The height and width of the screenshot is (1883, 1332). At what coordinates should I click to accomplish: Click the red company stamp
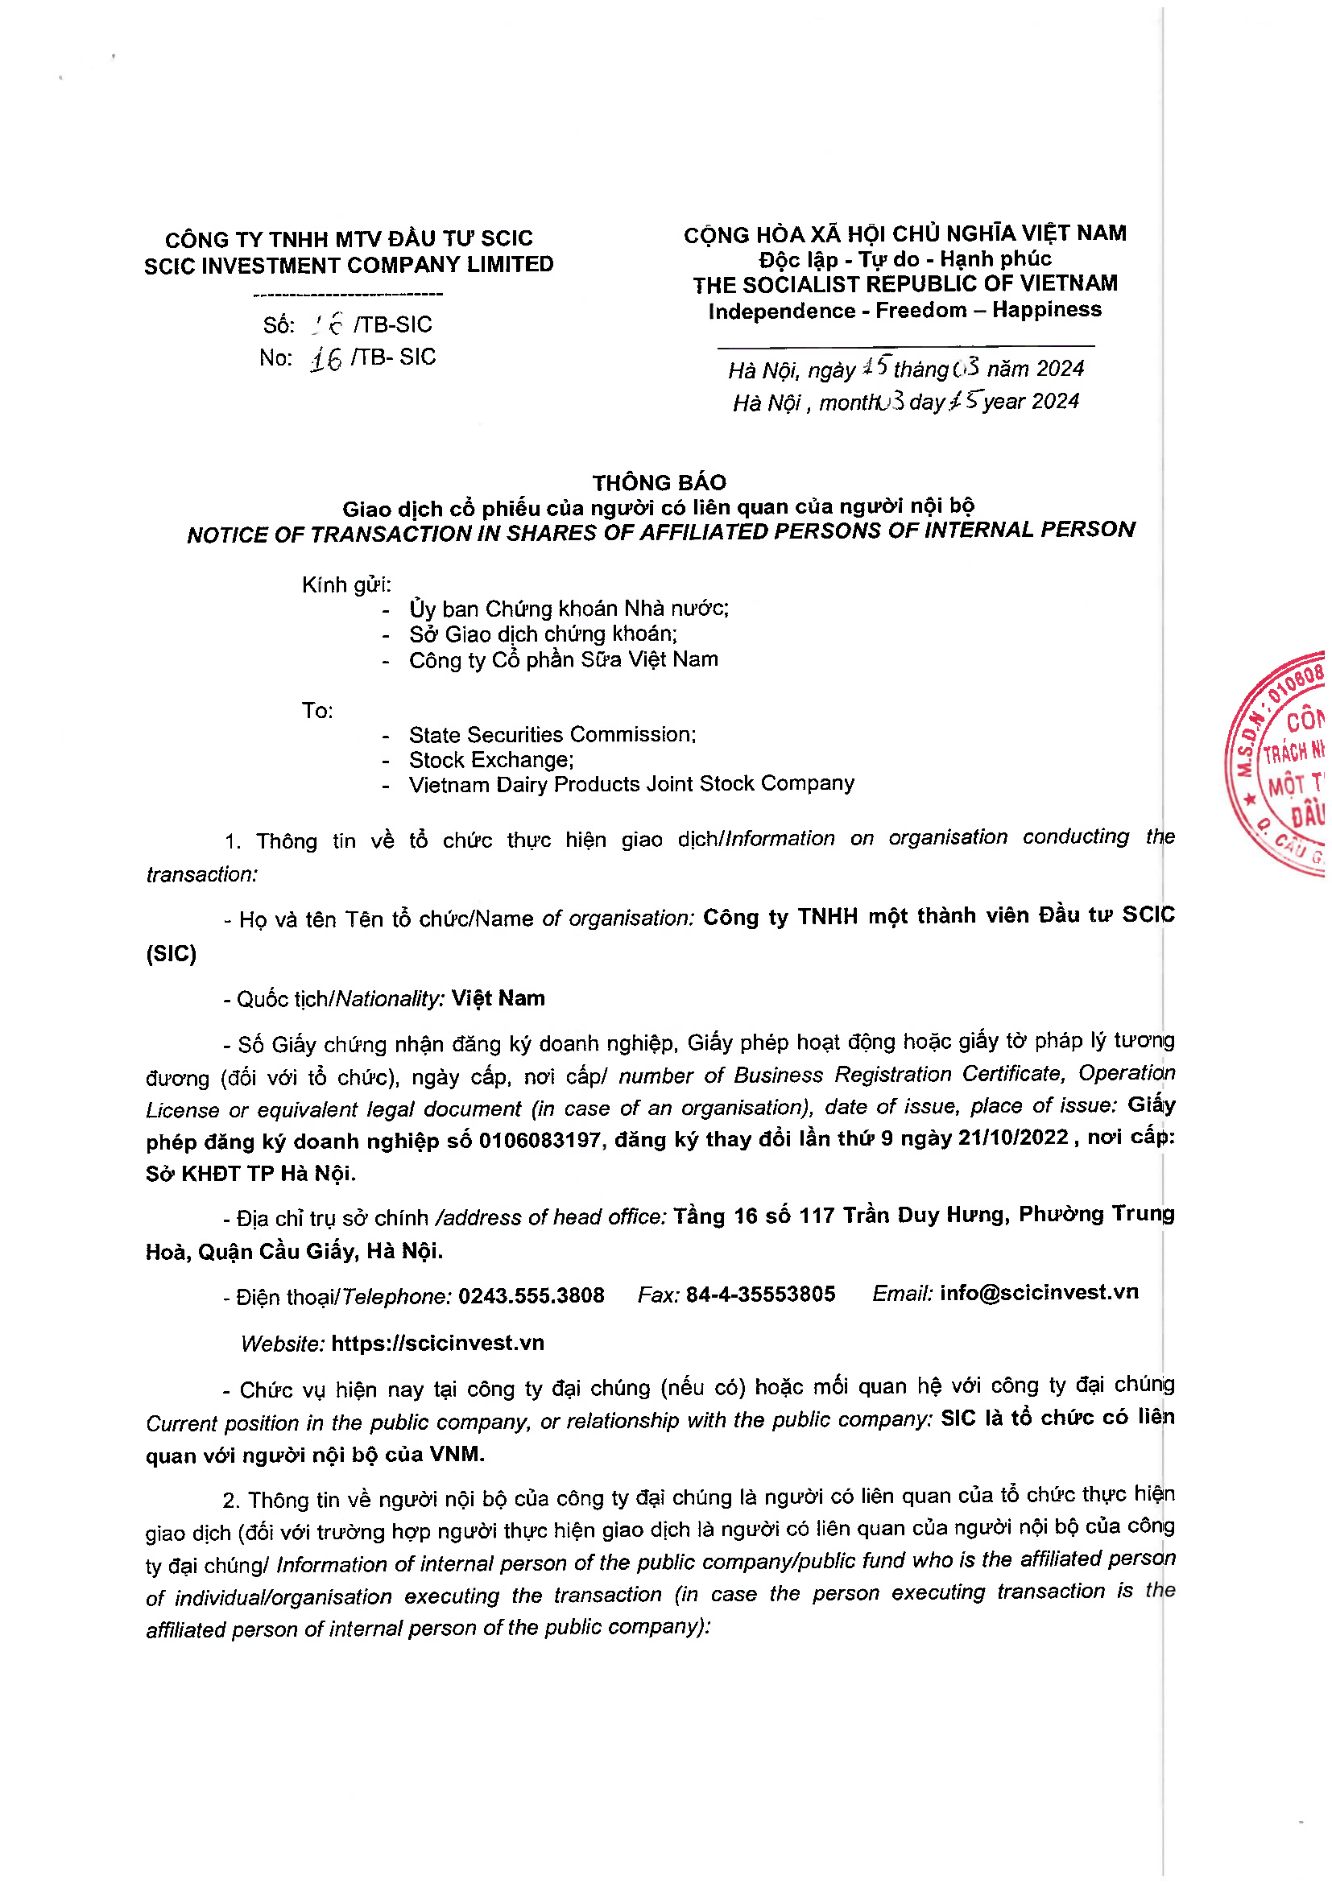(x=1284, y=762)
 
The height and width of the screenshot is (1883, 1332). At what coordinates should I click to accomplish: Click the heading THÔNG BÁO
(x=660, y=482)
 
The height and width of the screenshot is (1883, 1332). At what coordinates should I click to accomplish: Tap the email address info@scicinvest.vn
(x=1038, y=1293)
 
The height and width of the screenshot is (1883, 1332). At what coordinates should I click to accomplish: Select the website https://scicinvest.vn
(x=437, y=1343)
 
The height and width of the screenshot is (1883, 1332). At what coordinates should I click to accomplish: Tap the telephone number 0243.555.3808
(x=531, y=1295)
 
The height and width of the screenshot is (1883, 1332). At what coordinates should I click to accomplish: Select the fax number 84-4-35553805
(x=760, y=1295)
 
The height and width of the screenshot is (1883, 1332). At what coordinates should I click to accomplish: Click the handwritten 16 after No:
(x=325, y=359)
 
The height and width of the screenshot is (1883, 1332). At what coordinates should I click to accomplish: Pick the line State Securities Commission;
(x=552, y=734)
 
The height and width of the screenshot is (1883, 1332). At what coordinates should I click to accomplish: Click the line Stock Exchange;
(x=491, y=759)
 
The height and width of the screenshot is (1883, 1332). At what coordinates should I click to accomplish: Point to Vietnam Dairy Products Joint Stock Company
(x=631, y=784)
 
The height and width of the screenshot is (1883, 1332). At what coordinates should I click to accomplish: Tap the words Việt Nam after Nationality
(x=498, y=998)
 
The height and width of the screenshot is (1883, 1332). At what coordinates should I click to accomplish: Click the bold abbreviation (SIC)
(x=172, y=953)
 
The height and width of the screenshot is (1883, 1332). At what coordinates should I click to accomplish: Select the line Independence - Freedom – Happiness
(x=904, y=310)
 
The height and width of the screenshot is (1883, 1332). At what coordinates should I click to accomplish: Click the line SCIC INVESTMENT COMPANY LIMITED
(x=349, y=265)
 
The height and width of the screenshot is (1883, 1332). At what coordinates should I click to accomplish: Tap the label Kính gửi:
(x=346, y=584)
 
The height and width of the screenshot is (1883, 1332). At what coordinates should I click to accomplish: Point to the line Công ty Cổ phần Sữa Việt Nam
(x=564, y=659)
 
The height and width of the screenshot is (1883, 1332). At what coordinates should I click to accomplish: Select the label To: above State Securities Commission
(x=317, y=710)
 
